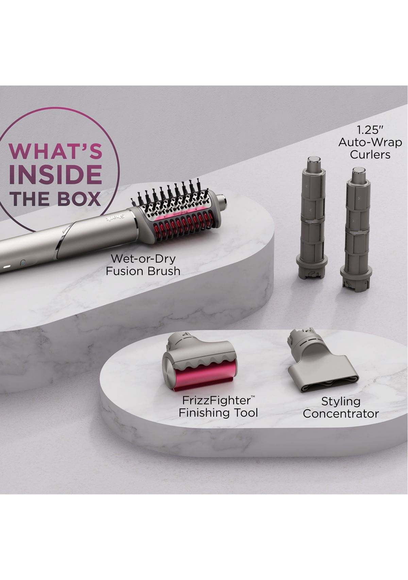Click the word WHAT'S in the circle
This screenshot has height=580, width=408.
pyautogui.click(x=55, y=151)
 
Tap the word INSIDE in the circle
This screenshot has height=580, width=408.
pyautogui.click(x=55, y=175)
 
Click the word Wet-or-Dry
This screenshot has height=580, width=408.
pyautogui.click(x=143, y=259)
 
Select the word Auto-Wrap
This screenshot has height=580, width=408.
pyautogui.click(x=370, y=142)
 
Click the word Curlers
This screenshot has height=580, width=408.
pyautogui.click(x=370, y=154)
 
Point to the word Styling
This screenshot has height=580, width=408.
pyautogui.click(x=341, y=401)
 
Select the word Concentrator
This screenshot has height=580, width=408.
pyautogui.click(x=341, y=414)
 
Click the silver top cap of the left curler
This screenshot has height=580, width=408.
pyautogui.click(x=312, y=160)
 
